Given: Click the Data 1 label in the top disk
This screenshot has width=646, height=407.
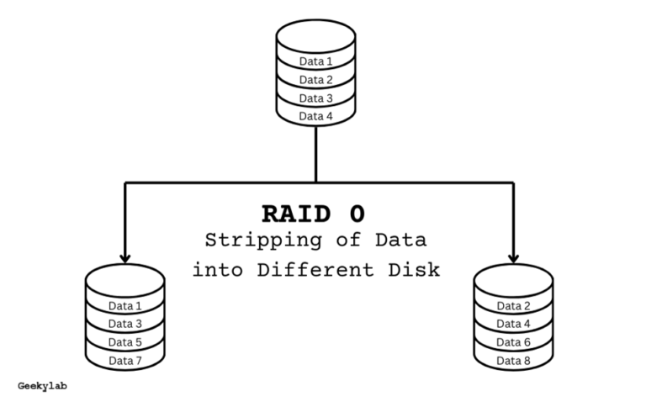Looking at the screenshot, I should tap(316, 61).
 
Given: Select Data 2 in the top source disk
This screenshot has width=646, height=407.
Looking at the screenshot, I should tap(316, 80).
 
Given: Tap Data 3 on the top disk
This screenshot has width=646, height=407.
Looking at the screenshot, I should tap(316, 98).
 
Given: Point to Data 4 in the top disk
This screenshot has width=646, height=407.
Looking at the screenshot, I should tap(316, 116).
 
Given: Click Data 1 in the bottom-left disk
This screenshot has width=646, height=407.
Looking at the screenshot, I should tap(125, 305).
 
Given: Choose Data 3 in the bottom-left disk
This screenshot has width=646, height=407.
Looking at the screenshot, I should tap(125, 324).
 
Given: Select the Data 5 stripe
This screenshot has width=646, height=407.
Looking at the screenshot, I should tap(125, 342).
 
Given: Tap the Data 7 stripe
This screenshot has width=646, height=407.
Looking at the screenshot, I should tap(125, 361).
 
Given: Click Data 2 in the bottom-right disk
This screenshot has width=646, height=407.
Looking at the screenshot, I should tap(513, 305).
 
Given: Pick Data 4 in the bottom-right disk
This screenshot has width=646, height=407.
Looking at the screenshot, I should tap(513, 324).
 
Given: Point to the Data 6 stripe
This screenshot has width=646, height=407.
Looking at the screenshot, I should tap(513, 342).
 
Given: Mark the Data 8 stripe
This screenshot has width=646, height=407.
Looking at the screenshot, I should tap(513, 361).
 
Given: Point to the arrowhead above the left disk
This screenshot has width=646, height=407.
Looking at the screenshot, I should tap(125, 257).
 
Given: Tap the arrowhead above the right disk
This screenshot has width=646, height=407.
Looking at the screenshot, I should tap(513, 257).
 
